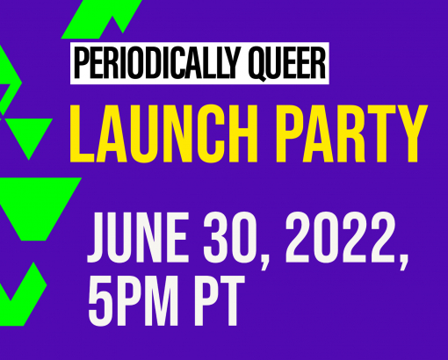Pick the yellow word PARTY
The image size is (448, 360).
[351, 133]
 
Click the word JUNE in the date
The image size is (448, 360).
[138, 237]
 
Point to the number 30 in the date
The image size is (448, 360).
[229, 237]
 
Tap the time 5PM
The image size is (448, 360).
[134, 301]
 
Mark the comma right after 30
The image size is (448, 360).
[265, 261]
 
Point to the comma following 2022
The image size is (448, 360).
[403, 261]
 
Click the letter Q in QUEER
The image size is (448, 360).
[257, 64]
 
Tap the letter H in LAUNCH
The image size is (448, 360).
[241, 133]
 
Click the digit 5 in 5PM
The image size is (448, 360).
[98, 301]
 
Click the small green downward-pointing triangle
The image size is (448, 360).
[29, 135]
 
